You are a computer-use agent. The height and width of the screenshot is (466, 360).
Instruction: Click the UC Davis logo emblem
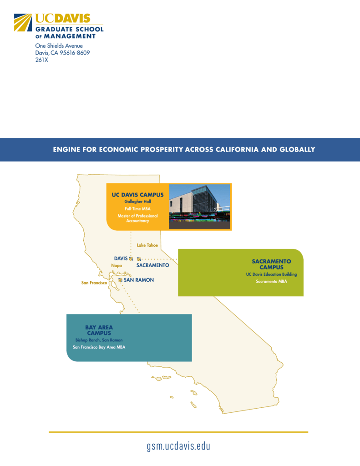click(23, 22)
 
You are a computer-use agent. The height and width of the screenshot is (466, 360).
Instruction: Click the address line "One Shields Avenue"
click(59, 46)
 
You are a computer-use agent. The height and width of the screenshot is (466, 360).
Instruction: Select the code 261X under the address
click(41, 60)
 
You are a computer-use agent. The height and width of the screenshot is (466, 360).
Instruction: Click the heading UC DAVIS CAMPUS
click(137, 195)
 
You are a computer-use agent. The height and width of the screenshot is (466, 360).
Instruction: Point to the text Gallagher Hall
click(137, 202)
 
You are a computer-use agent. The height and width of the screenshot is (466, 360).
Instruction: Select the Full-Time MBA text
click(137, 208)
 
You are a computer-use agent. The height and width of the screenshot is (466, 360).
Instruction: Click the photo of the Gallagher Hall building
click(199, 207)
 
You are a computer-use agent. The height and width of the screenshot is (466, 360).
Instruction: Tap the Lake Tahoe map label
click(147, 245)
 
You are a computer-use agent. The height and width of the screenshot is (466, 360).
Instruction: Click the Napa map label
click(117, 265)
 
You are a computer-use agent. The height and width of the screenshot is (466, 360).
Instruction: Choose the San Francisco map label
click(94, 283)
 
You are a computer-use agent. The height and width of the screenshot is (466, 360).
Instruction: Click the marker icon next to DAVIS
click(131, 258)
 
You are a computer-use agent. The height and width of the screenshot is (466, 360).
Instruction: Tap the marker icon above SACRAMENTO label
click(138, 259)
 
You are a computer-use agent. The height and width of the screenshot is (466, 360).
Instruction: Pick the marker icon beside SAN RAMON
click(120, 280)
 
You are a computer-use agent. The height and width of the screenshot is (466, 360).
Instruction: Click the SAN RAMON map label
click(139, 280)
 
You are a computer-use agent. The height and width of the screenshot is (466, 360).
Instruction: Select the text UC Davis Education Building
click(271, 274)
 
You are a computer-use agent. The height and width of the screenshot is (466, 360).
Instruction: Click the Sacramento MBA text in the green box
click(271, 281)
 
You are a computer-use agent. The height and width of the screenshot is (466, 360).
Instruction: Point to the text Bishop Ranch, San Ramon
click(99, 340)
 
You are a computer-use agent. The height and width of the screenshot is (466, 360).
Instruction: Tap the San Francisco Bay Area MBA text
click(99, 347)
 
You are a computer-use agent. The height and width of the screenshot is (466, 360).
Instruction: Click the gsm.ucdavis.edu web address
click(178, 446)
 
